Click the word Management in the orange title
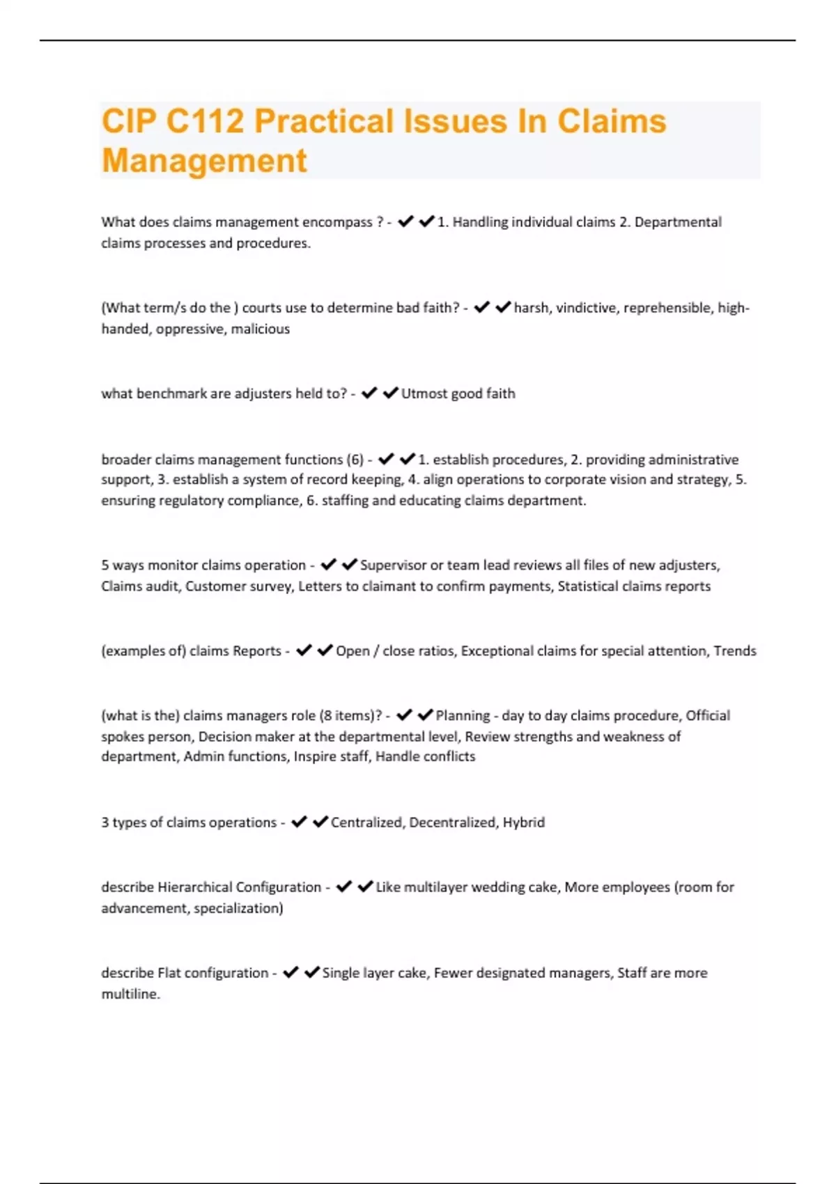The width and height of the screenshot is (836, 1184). [x=204, y=161]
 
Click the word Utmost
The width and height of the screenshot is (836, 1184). [x=424, y=394]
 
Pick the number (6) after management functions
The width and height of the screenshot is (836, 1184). [x=355, y=460]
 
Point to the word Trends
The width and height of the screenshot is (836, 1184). [x=735, y=651]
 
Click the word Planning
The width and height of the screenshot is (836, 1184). [x=463, y=716]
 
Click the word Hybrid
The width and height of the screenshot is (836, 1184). [x=524, y=823]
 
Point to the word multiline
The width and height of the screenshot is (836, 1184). [x=130, y=995]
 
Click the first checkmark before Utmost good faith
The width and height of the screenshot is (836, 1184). [x=369, y=394]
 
